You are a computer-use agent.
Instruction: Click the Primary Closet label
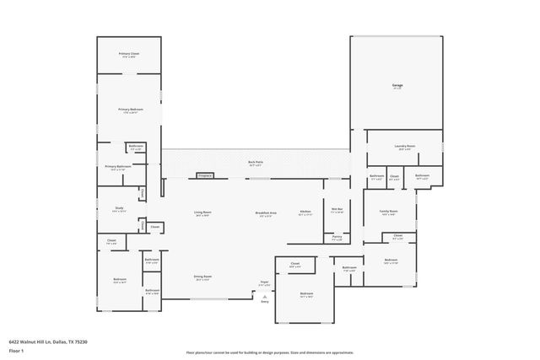[x=129, y=53]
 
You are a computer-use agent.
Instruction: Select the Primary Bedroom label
[x=129, y=110]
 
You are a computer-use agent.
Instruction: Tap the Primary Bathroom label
[x=117, y=166]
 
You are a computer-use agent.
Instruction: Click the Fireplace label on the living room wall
[x=204, y=175]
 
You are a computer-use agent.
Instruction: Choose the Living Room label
[x=202, y=212]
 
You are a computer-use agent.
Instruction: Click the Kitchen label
[x=305, y=212]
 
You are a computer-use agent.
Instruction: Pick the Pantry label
[x=337, y=237]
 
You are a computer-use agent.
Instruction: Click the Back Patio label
[x=255, y=162]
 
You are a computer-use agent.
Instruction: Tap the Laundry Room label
[x=405, y=147]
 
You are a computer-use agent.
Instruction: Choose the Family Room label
[x=389, y=211]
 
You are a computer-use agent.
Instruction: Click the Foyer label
[x=264, y=282]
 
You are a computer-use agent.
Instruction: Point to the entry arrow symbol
[x=264, y=296]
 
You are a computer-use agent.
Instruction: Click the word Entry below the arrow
[x=264, y=302]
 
